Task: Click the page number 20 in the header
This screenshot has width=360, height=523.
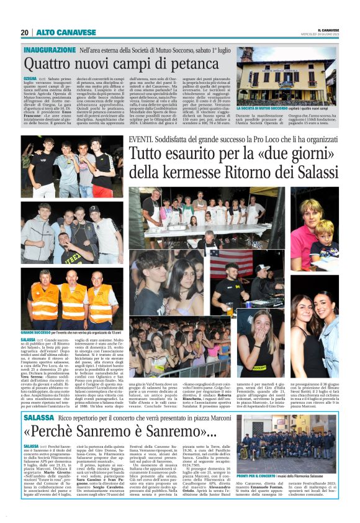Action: point(24,32)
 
